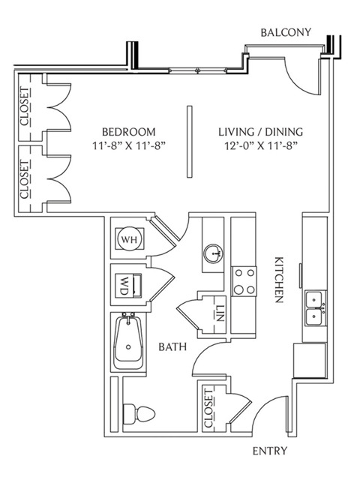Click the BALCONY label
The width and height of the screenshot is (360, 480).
[286, 32]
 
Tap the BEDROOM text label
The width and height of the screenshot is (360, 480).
[128, 132]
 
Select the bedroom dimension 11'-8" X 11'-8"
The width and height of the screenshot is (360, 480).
[129, 145]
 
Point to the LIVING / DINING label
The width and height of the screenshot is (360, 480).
[260, 132]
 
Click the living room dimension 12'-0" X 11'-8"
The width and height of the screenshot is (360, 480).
[262, 145]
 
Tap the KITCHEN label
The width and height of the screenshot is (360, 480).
[279, 280]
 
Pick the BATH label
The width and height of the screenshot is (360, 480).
[172, 346]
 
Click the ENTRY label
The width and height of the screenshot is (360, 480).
[270, 451]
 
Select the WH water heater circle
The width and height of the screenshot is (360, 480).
[129, 239]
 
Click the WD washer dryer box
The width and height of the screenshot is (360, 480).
[128, 285]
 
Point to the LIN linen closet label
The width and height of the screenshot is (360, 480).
[220, 313]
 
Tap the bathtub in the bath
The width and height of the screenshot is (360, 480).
[128, 341]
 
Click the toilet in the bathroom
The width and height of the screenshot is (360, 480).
[139, 414]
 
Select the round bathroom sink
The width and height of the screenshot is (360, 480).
[213, 253]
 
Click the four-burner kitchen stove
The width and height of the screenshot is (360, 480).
[244, 281]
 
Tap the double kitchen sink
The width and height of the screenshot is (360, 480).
[316, 309]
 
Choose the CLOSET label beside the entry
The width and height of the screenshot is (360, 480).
[208, 409]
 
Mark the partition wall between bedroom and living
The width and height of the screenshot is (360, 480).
[190, 142]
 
